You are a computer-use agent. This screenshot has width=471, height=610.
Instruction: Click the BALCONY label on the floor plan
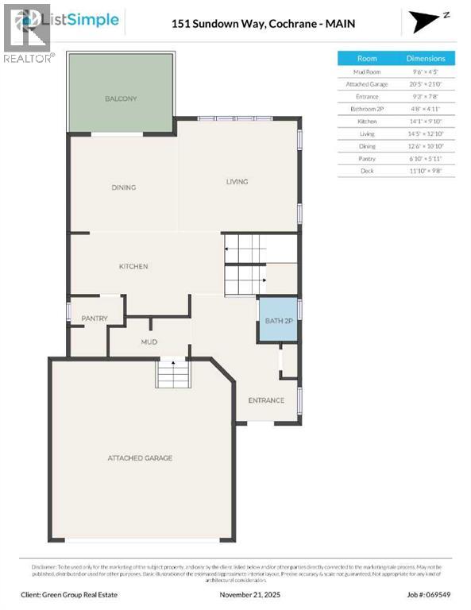point(122,99)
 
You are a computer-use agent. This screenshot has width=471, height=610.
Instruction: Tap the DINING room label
point(123,188)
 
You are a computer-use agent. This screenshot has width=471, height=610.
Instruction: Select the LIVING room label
point(237,182)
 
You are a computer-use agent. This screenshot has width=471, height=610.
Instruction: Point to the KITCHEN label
point(133,267)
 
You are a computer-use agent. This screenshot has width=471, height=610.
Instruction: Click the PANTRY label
point(94,319)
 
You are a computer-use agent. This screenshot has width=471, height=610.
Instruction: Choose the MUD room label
point(149,342)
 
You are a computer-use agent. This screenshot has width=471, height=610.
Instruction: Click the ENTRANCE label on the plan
point(266,400)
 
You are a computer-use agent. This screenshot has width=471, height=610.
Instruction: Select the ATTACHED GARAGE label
point(141,458)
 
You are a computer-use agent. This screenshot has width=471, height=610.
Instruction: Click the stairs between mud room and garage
point(172,373)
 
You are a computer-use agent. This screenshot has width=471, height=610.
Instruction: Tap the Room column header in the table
point(367,58)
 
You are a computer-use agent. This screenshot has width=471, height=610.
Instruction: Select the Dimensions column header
point(426,58)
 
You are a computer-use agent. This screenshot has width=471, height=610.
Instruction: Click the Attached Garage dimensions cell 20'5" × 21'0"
point(426,83)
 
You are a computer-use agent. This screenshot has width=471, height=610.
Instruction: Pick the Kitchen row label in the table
point(367,121)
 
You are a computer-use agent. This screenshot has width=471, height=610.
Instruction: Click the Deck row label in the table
point(367,171)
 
